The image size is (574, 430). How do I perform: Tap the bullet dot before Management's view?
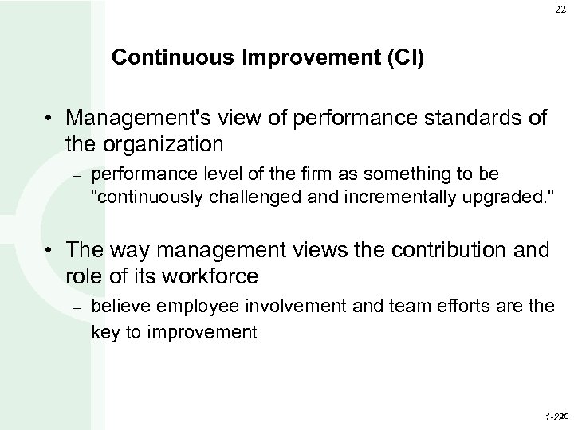click(x=50, y=119)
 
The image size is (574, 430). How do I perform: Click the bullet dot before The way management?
click(x=50, y=252)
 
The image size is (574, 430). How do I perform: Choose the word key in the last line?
click(x=104, y=330)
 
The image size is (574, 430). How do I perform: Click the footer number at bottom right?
click(x=554, y=416)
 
